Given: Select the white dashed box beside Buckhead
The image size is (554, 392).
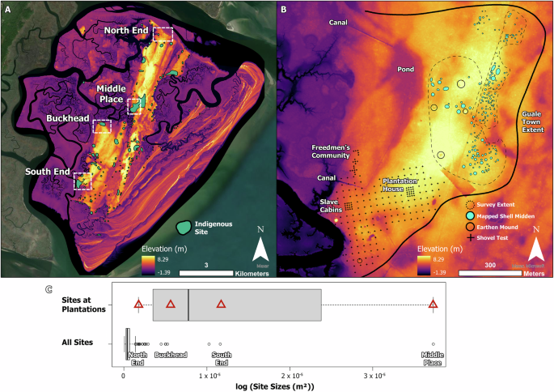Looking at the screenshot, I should pos(102,126).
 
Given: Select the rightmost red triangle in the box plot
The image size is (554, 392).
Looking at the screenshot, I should pos(433,304).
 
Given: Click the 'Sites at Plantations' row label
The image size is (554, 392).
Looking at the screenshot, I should pos(81,305).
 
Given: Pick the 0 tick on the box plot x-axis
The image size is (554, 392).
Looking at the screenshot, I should pos(123,376).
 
